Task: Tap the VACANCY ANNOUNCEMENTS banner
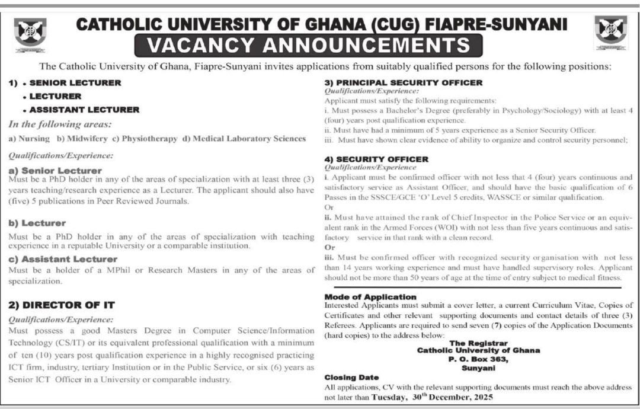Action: (x=308, y=45)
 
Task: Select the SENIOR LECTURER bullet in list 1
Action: (x=75, y=82)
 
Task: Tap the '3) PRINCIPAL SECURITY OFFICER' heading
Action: (x=404, y=82)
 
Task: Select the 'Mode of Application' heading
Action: (x=370, y=296)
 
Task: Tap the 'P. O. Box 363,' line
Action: (x=478, y=359)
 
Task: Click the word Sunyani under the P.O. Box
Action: (x=478, y=368)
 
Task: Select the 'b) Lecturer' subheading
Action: (x=37, y=223)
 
